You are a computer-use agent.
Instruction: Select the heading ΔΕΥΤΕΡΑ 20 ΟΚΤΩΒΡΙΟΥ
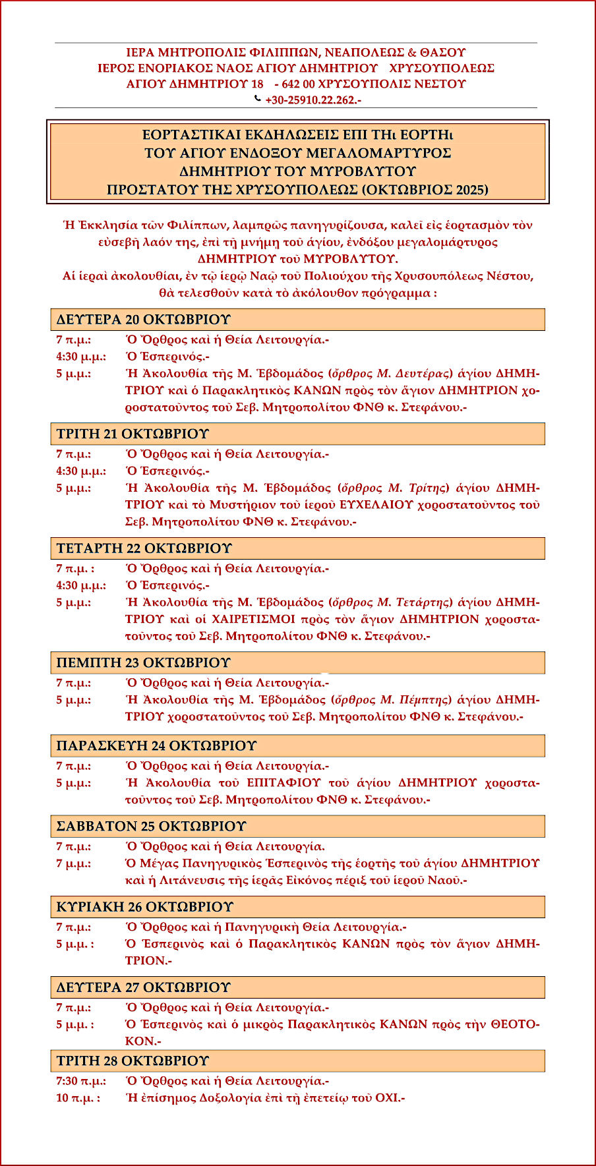click(144, 320)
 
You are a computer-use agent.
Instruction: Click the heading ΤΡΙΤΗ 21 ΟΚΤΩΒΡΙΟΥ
click(133, 434)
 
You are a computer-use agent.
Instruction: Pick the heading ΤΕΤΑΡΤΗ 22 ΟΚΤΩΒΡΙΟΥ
click(144, 548)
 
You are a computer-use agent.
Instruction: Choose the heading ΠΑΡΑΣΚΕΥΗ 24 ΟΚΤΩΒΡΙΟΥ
click(156, 746)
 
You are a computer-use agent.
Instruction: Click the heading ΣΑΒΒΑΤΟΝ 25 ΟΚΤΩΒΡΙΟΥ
click(151, 827)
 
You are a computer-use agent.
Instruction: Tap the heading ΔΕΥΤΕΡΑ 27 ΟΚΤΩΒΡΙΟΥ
click(144, 987)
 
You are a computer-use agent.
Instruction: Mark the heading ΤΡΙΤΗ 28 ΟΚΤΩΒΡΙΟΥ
click(133, 1061)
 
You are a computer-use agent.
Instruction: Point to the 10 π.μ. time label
click(78, 1098)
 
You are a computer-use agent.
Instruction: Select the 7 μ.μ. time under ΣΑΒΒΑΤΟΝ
click(73, 863)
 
